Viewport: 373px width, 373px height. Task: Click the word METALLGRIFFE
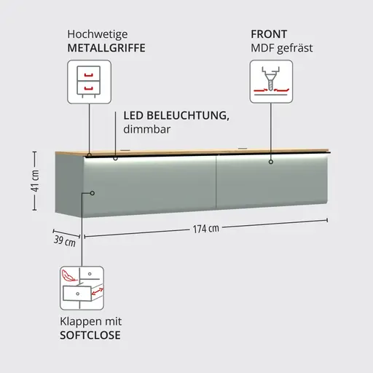coord(106,48)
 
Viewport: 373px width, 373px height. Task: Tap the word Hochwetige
coord(98,34)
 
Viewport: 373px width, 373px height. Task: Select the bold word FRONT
coord(269,34)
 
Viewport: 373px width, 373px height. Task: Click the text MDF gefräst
coord(282,48)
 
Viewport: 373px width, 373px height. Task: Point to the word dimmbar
coord(146,129)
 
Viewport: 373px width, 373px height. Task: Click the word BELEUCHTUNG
coord(188,115)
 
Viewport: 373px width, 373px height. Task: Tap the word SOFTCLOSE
coord(90,335)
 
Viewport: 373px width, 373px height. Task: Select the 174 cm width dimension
coord(206,229)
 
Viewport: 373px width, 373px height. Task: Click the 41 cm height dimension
coord(36,181)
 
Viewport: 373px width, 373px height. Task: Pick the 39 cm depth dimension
coord(65,241)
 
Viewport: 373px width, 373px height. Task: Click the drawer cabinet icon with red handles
coord(89,82)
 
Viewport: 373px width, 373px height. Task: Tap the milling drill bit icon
coord(271,82)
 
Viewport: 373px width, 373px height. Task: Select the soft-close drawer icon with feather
coord(82,288)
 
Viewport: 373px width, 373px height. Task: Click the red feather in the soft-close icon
coord(68,275)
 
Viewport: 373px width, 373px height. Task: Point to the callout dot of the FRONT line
coord(271,162)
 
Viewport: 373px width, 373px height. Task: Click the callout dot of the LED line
coord(115,158)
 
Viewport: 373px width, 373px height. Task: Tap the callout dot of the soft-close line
coord(93,193)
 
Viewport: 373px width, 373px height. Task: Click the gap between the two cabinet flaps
coord(216,182)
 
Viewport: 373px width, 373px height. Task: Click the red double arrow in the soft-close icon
coord(98,291)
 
